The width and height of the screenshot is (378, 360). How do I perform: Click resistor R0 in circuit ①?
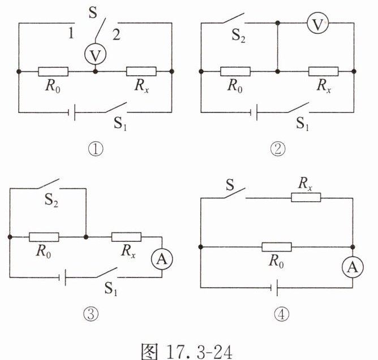(53, 72)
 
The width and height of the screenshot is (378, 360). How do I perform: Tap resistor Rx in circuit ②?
(323, 72)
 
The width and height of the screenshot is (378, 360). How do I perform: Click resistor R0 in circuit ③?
(44, 236)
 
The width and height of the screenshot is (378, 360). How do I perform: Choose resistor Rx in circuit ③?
(126, 236)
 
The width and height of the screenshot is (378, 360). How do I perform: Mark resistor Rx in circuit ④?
(306, 197)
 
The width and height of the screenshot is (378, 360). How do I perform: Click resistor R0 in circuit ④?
(277, 246)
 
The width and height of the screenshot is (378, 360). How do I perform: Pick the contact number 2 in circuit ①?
(116, 34)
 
